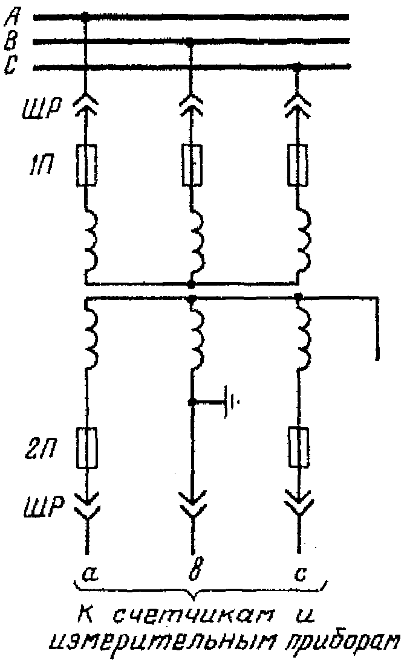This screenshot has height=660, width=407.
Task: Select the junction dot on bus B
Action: point(191,41)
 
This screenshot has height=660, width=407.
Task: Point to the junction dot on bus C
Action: point(297,66)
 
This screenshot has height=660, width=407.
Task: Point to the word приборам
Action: point(342,642)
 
